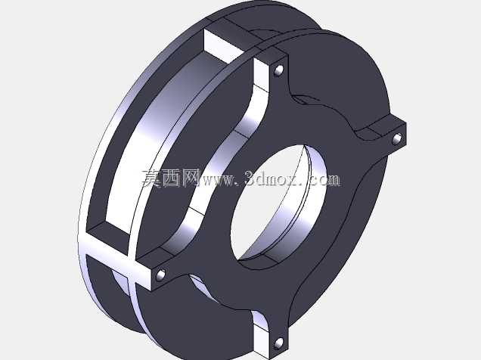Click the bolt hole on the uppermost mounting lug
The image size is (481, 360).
[x=278, y=70]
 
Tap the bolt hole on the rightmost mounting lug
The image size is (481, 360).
[x=397, y=138]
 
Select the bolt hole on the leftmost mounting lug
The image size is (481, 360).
[x=160, y=275]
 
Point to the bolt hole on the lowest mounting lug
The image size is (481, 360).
[x=278, y=343]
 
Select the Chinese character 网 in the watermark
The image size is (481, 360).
[x=191, y=178]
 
